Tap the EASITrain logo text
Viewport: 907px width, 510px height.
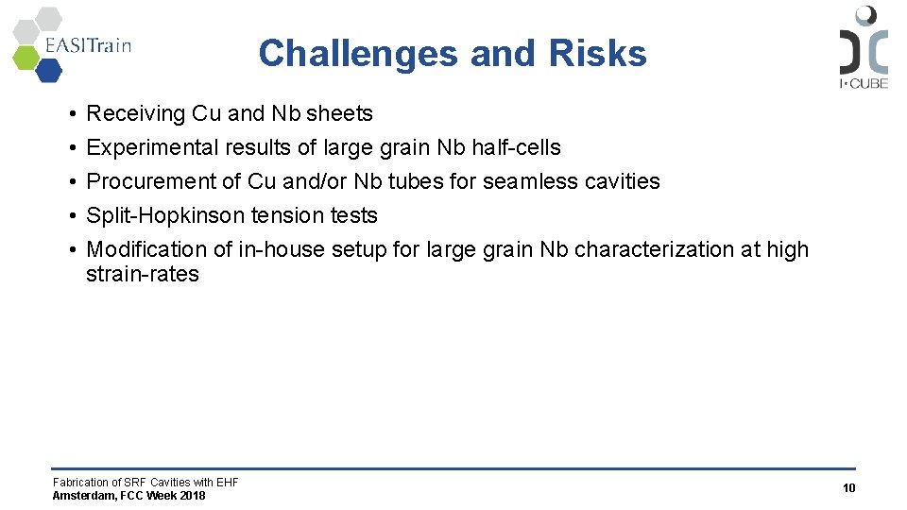point(87,45)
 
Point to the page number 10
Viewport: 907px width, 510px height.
point(848,488)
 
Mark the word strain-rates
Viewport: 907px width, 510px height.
point(143,274)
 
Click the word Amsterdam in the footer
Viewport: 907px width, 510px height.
point(82,496)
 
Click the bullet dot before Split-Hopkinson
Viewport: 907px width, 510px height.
point(72,216)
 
